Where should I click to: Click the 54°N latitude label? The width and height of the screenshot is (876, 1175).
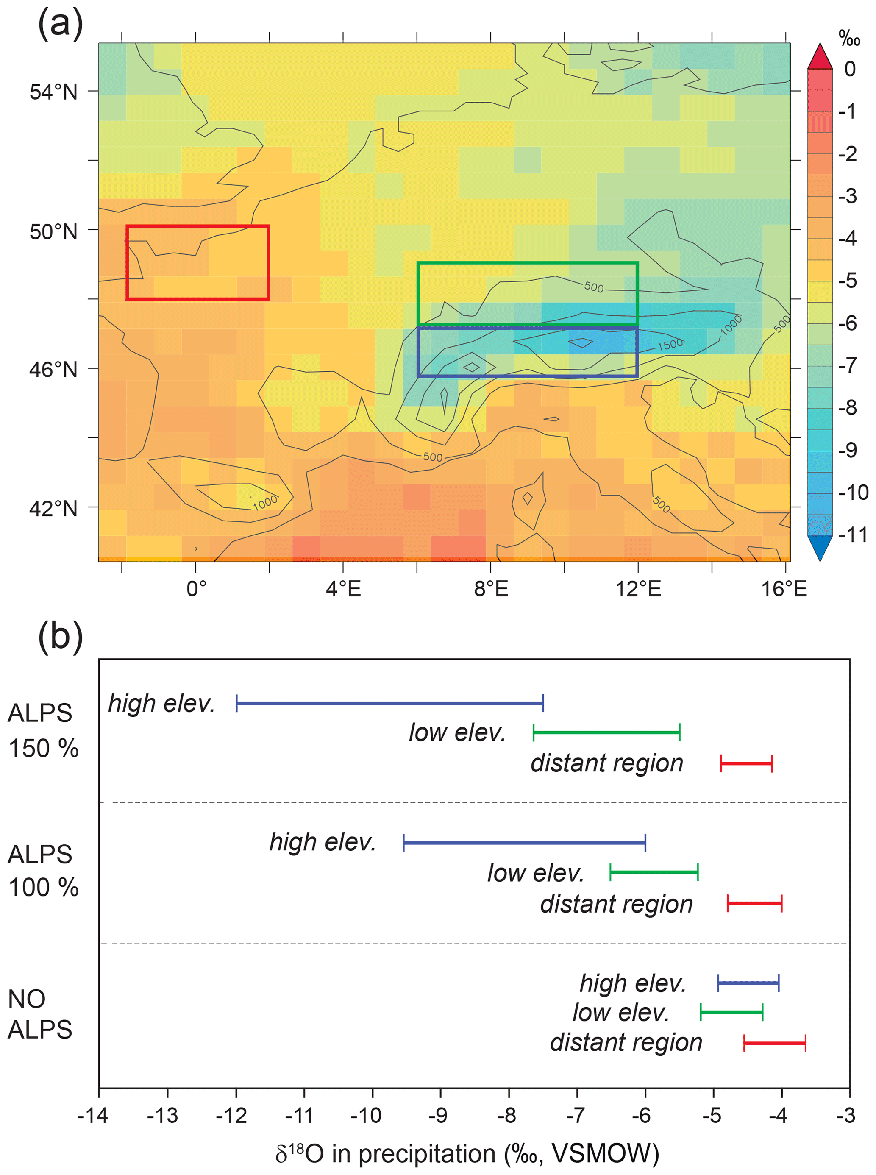pyautogui.click(x=53, y=92)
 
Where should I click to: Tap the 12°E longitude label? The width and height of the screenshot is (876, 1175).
pyautogui.click(x=638, y=589)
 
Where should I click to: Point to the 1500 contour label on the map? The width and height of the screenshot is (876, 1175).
pyautogui.click(x=670, y=344)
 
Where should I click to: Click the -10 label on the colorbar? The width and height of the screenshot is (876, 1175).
pyautogui.click(x=853, y=492)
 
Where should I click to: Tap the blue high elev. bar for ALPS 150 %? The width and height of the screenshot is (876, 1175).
pyautogui.click(x=390, y=704)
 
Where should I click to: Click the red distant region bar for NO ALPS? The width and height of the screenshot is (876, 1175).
pyautogui.click(x=775, y=1043)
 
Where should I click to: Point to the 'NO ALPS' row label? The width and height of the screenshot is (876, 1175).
pyautogui.click(x=40, y=1014)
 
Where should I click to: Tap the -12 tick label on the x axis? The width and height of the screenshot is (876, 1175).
pyautogui.click(x=232, y=1116)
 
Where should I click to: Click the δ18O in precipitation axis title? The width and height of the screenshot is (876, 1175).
pyautogui.click(x=467, y=1154)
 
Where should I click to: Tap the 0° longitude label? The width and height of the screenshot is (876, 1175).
pyautogui.click(x=196, y=589)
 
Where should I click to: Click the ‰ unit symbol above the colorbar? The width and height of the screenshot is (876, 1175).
pyautogui.click(x=849, y=38)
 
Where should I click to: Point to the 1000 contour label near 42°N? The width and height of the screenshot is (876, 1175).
pyautogui.click(x=264, y=502)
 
